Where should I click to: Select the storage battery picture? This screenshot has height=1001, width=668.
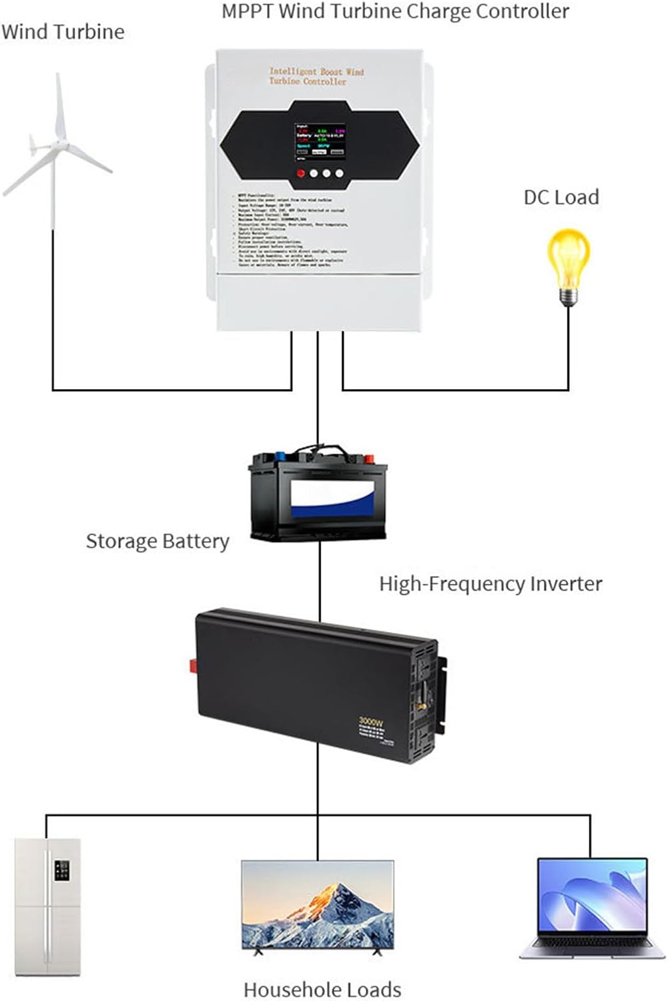click(318, 494)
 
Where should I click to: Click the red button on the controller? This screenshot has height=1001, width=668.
click(301, 174)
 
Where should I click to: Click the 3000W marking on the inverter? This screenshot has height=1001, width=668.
click(370, 721)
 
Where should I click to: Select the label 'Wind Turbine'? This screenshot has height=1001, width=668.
click(63, 32)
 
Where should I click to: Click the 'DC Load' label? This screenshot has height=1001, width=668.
click(561, 198)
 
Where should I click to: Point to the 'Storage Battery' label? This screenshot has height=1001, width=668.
click(157, 541)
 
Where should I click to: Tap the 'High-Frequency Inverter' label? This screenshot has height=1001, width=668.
click(490, 584)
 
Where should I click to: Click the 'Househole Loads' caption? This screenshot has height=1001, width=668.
click(322, 989)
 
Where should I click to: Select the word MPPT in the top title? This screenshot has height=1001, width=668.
click(246, 11)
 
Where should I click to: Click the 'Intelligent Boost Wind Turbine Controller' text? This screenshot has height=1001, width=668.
click(316, 76)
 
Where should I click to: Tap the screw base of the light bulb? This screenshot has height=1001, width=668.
click(568, 294)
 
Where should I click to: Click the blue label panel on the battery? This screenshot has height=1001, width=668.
click(330, 500)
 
